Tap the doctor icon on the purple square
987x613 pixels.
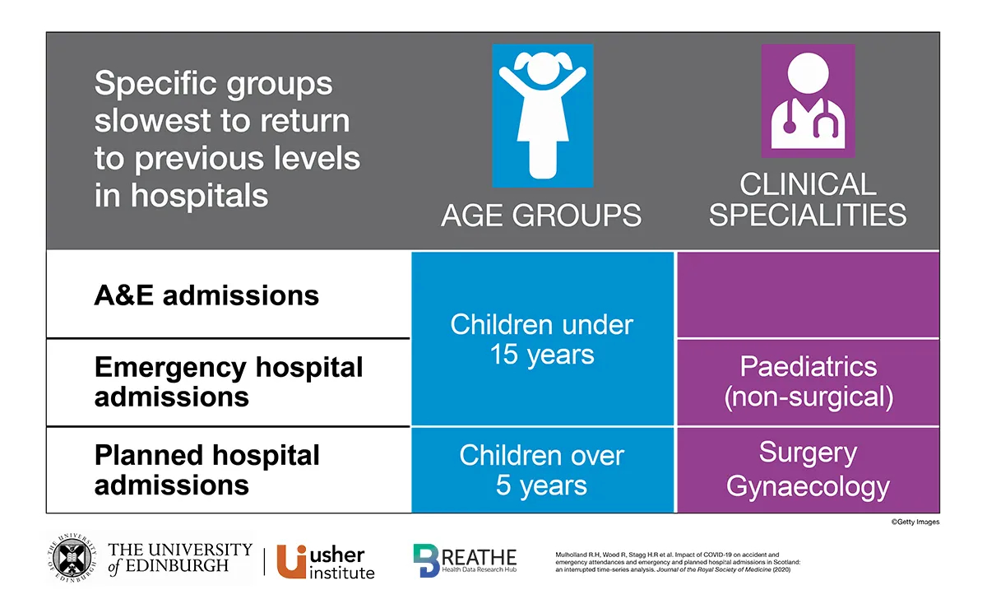coord(808,100)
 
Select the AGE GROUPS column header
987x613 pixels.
coord(541,216)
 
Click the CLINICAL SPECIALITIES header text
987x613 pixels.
coord(808,199)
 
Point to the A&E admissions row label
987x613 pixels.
coord(206,295)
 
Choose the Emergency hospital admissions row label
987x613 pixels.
coord(228,382)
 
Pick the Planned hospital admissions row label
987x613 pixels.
coord(206,470)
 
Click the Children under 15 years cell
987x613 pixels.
coord(541,339)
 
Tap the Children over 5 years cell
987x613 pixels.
coord(541,470)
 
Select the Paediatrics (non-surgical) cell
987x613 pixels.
coord(808,382)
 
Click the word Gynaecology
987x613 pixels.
coord(808,486)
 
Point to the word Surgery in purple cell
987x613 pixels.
coord(808,453)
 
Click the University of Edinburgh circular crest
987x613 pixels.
coord(72,560)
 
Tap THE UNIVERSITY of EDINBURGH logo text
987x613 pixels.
coord(179,560)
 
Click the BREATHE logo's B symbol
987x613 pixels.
coord(427,561)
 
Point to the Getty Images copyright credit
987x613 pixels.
coord(914,522)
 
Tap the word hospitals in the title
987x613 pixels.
coord(199,196)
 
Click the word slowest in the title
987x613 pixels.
coord(152,121)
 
